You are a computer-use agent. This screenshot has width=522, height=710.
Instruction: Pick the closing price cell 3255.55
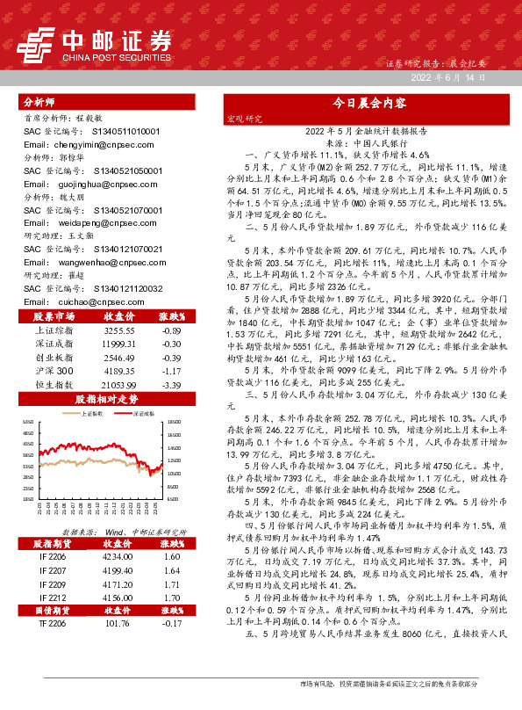click(118, 330)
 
